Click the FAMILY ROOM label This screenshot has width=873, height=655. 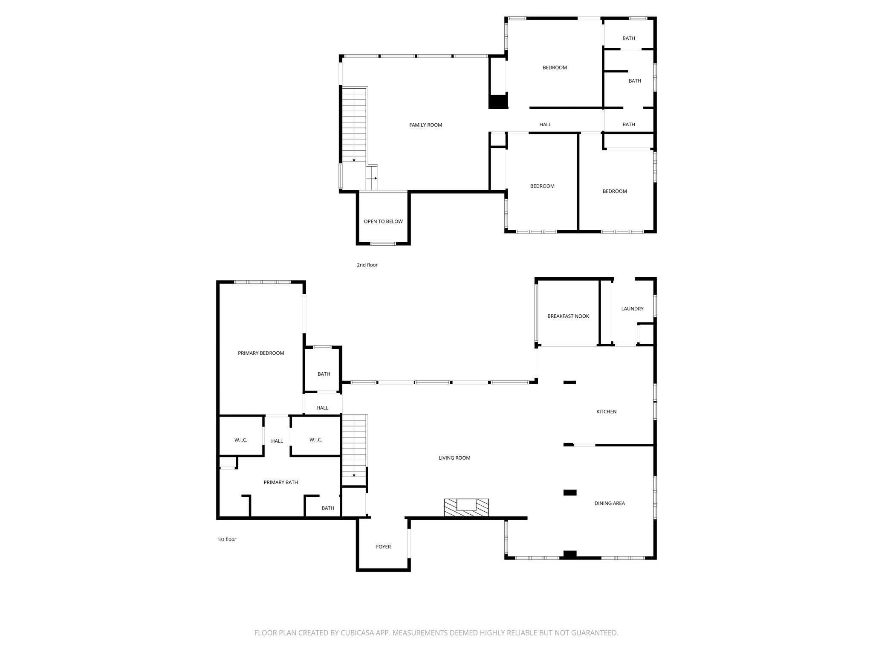(425, 125)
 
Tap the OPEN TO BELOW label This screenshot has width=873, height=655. (383, 221)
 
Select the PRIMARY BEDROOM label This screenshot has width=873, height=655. (260, 353)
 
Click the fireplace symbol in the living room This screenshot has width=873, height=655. (466, 507)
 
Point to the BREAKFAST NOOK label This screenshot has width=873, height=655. (568, 316)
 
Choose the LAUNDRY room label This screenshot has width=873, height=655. (632, 309)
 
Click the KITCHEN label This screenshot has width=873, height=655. (606, 412)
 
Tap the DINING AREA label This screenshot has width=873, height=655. (609, 503)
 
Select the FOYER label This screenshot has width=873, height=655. (383, 547)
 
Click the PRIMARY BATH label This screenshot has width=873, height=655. (280, 482)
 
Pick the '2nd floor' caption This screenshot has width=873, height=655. (367, 265)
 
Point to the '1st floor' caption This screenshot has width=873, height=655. (227, 539)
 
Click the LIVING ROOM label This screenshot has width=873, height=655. (454, 458)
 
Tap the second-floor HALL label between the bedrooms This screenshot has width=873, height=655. (545, 125)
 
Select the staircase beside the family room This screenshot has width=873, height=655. (354, 124)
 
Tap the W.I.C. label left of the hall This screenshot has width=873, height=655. (240, 440)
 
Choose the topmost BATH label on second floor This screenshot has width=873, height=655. (628, 38)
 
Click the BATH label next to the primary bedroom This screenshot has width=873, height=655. (324, 374)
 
